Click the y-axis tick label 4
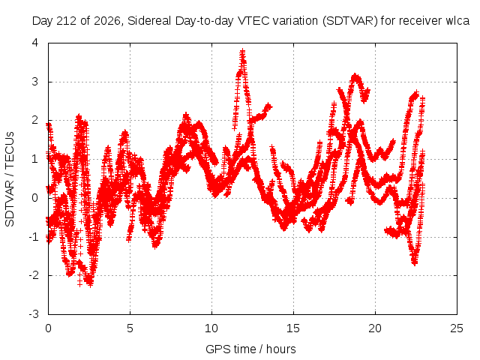[x=35, y=43]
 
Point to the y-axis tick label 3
[x=35, y=82]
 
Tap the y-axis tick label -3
[x=33, y=314]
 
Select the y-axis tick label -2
[x=33, y=275]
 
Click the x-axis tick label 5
[x=130, y=328]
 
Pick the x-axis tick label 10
[x=211, y=328]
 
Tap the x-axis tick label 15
[x=293, y=328]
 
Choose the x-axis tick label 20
[x=375, y=328]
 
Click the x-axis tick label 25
[x=457, y=328]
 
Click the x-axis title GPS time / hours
[x=250, y=349]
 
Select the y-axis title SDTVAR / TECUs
[x=10, y=179]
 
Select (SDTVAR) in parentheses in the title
[x=350, y=21]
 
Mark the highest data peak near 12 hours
[x=243, y=51]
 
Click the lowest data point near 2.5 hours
[x=90, y=285]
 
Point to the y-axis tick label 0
[x=35, y=198]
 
